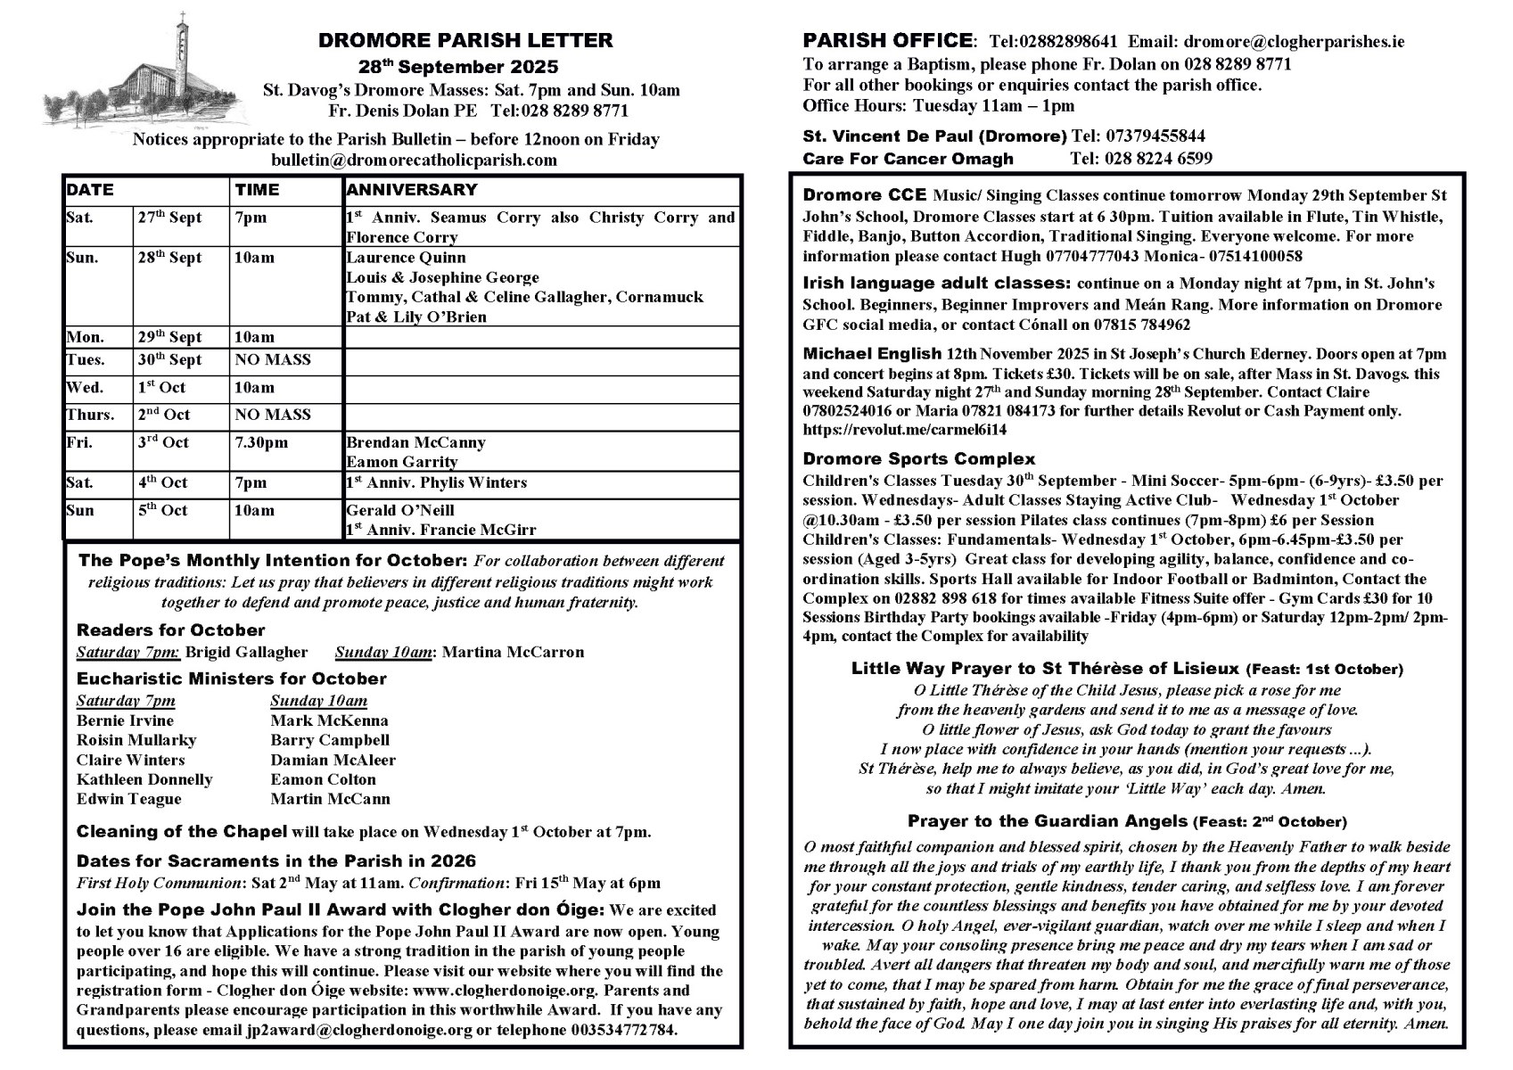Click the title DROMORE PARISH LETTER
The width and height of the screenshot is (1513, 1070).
[x=465, y=40]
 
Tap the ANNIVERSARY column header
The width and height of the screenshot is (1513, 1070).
[x=411, y=190]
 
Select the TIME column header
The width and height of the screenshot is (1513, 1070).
[x=257, y=190]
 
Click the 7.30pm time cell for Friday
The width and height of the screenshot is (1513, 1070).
[x=261, y=442]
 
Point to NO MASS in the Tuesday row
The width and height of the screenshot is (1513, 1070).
[x=273, y=360]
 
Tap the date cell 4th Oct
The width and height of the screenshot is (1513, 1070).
[x=162, y=482]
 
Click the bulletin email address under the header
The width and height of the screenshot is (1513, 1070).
[x=414, y=160]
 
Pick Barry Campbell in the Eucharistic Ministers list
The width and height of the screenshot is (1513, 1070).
[x=330, y=740]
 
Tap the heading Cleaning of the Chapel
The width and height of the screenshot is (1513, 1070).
[x=182, y=832]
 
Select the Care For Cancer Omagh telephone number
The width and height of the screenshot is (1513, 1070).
[x=1140, y=159]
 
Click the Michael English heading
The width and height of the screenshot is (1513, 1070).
[x=872, y=353]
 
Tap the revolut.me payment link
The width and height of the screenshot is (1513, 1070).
[x=904, y=430]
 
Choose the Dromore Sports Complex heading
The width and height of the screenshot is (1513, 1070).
[x=918, y=459]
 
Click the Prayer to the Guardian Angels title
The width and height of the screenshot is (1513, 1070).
[x=1048, y=821]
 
